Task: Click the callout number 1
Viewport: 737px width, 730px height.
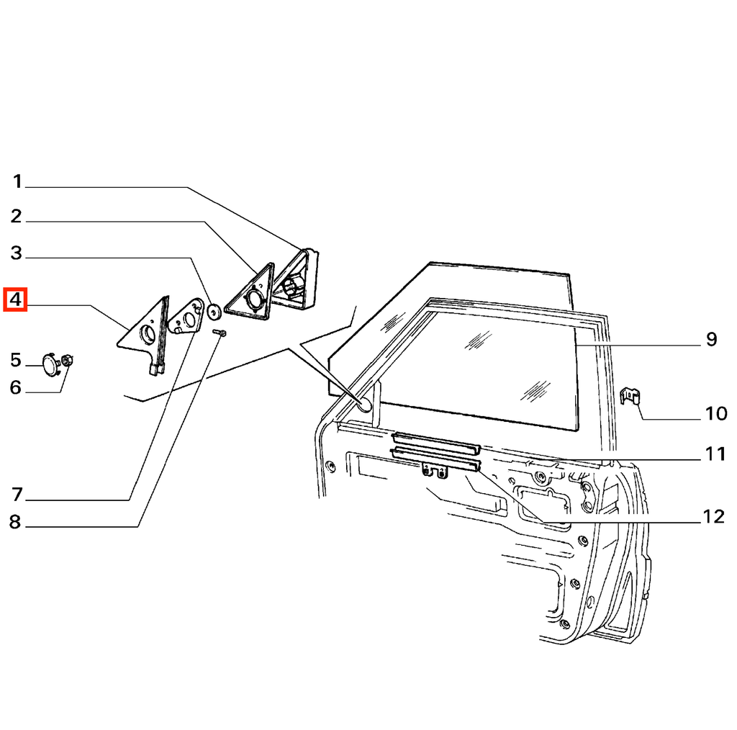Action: tap(17, 181)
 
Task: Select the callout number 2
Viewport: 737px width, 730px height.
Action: tap(17, 216)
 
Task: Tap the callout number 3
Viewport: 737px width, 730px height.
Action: tap(17, 253)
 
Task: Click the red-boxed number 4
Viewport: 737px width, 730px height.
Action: tap(16, 299)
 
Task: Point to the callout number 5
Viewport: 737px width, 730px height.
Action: tap(16, 360)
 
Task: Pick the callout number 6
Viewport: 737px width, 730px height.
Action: tap(16, 387)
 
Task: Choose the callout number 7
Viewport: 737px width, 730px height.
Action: tap(17, 495)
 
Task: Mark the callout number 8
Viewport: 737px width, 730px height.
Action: tap(16, 522)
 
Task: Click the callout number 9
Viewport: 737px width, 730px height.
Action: tap(712, 339)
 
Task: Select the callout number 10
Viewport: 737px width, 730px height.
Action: tap(716, 414)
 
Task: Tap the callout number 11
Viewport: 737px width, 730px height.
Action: tap(715, 454)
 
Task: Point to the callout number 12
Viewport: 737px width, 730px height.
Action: tap(714, 517)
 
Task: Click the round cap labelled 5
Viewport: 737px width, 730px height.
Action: tap(50, 365)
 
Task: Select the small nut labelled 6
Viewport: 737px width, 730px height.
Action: tap(67, 361)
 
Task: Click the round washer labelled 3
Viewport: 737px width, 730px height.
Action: tap(214, 311)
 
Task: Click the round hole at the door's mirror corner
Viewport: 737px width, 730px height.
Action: tap(364, 404)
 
